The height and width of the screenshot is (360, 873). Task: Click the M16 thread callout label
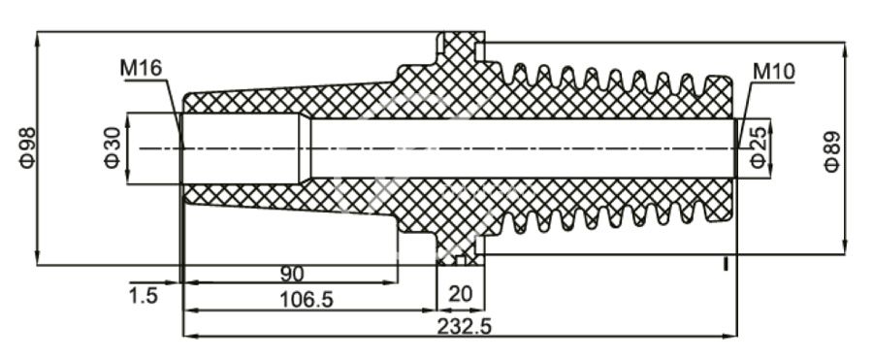141,68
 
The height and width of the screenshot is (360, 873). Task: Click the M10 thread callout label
773,71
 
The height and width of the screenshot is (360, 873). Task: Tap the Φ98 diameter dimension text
26,147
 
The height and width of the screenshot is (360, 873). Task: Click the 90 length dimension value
291,274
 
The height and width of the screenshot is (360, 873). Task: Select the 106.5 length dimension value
307,301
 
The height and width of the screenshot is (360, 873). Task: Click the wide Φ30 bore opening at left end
238,147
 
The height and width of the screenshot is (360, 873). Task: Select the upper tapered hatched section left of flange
291,101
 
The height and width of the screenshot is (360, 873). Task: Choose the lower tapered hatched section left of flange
291,198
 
